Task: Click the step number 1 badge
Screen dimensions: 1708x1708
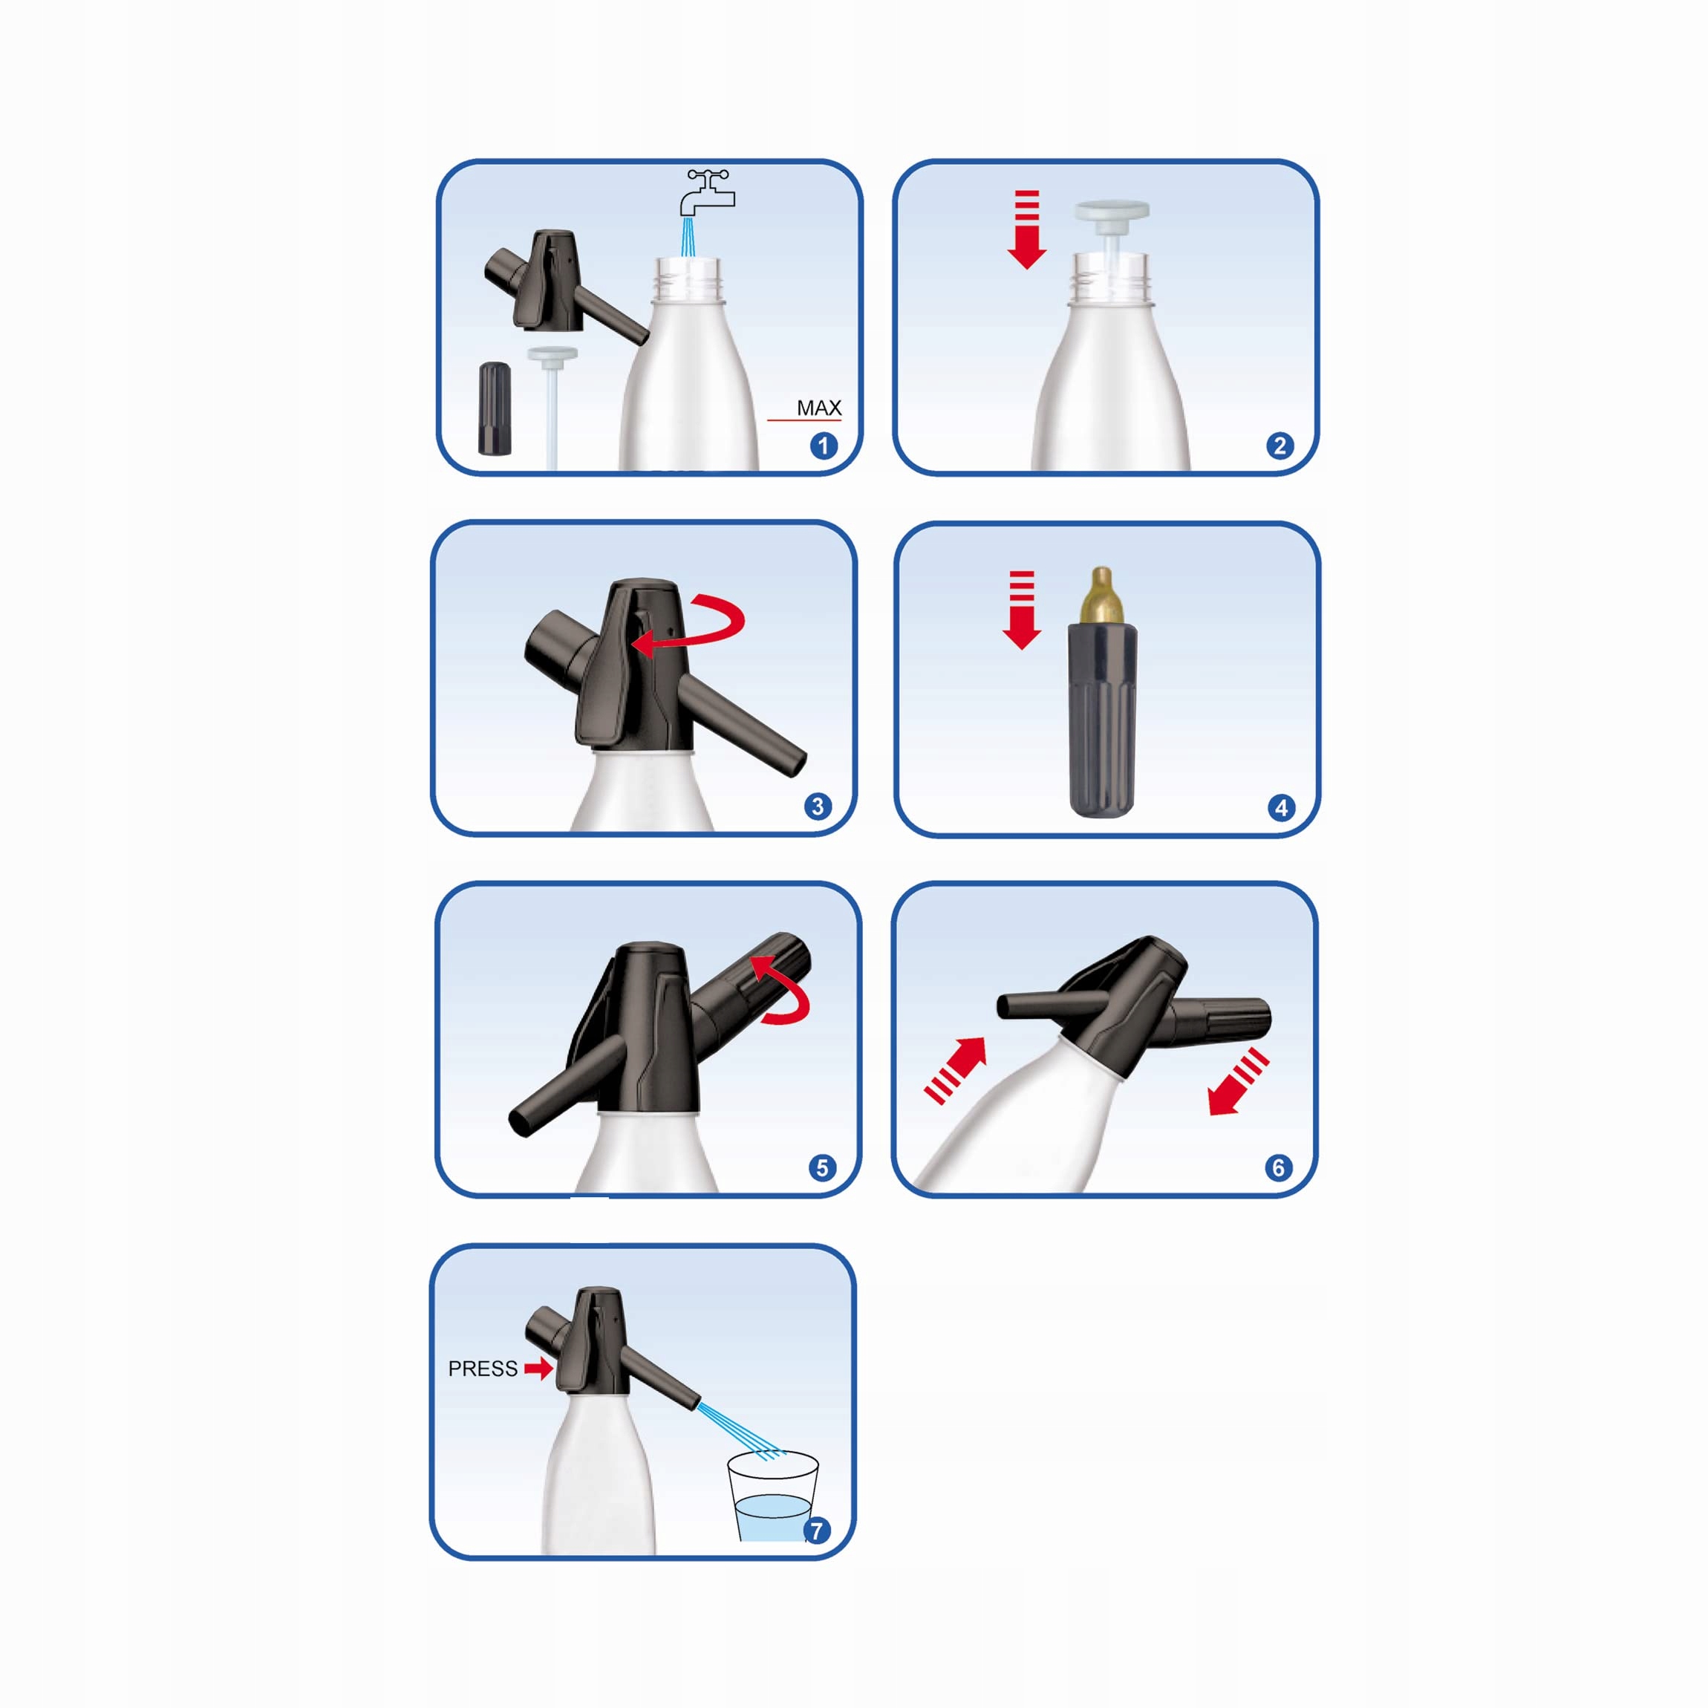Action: (x=824, y=446)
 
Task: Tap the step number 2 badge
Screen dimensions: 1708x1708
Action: (x=1280, y=446)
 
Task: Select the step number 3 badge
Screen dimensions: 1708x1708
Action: (x=818, y=806)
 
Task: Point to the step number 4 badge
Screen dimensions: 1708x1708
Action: (x=1281, y=807)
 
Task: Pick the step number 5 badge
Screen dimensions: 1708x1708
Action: (x=822, y=1168)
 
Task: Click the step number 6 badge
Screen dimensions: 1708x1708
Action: (x=1277, y=1168)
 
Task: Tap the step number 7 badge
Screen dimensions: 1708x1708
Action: (x=816, y=1531)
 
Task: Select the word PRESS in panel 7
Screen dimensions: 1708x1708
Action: (x=483, y=1369)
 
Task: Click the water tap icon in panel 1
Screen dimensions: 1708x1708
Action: (x=707, y=193)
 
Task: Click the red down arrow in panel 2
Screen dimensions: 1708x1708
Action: (x=1026, y=229)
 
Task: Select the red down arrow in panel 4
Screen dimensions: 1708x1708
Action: (x=1022, y=610)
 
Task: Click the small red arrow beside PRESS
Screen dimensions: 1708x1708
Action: (x=538, y=1369)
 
